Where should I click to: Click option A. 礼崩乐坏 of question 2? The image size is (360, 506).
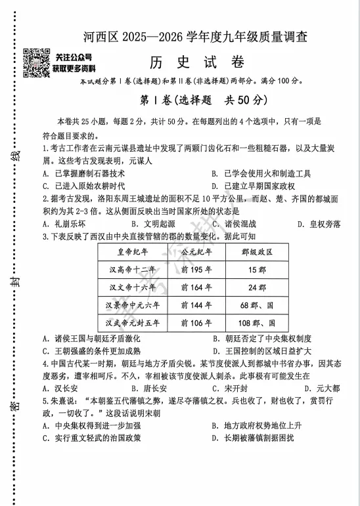pyautogui.click(x=63, y=224)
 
